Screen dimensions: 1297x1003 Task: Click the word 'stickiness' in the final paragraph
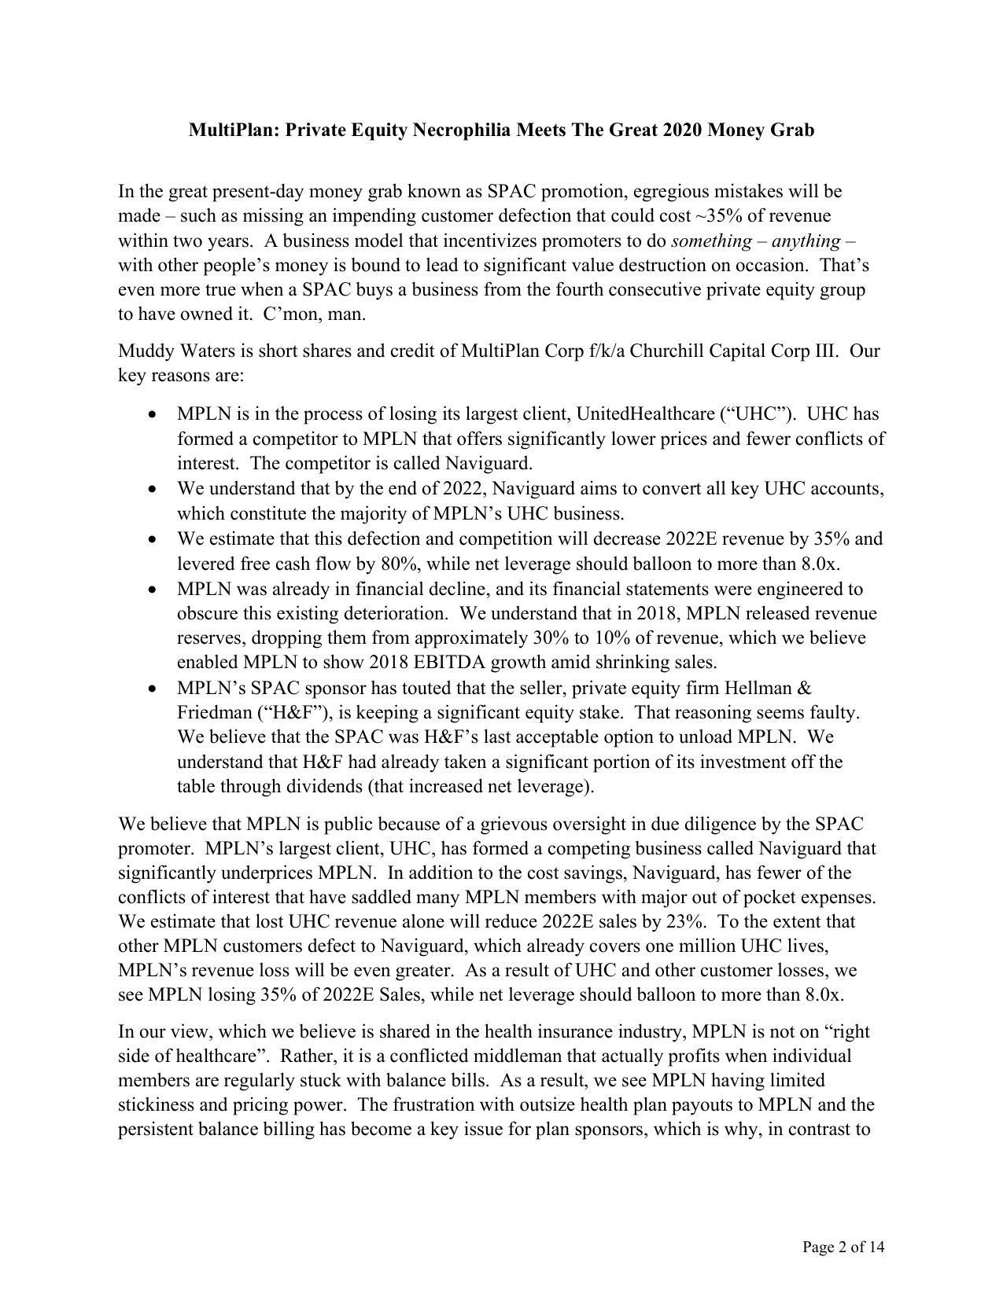tap(155, 1104)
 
